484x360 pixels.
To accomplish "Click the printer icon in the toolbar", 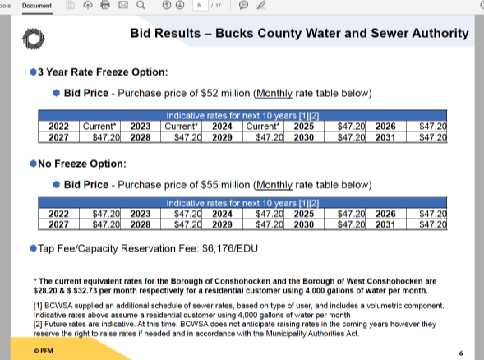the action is pyautogui.click(x=105, y=5).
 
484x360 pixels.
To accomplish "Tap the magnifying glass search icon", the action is pyautogui.click(x=141, y=5).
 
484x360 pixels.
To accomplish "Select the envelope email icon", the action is pyautogui.click(x=123, y=5).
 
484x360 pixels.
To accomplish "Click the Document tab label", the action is pyautogui.click(x=37, y=6).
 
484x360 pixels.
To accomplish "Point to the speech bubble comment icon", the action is pyautogui.click(x=243, y=5).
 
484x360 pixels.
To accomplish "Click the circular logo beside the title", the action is pyautogui.click(x=34, y=39).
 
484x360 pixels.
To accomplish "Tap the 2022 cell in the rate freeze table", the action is pyautogui.click(x=58, y=127).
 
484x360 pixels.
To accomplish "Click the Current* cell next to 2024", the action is pyautogui.click(x=263, y=127).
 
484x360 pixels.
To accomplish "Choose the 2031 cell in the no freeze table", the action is pyautogui.click(x=385, y=224).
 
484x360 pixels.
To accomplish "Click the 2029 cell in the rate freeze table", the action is pyautogui.click(x=222, y=137).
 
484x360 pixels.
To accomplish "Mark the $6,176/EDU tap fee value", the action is pyautogui.click(x=230, y=248).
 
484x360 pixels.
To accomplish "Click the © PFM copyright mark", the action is pyautogui.click(x=44, y=351).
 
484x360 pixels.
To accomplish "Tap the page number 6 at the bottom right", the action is pyautogui.click(x=461, y=353).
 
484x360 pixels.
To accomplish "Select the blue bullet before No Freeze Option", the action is pyautogui.click(x=33, y=164).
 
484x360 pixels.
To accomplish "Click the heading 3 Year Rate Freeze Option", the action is pyautogui.click(x=103, y=72).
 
